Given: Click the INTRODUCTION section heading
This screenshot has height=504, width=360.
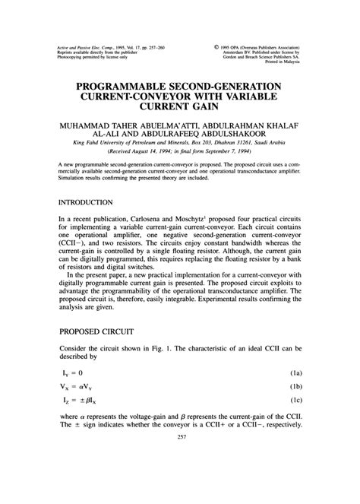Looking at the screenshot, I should click(86, 204).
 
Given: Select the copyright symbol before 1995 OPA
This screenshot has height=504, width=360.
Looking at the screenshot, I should click(221, 47).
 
